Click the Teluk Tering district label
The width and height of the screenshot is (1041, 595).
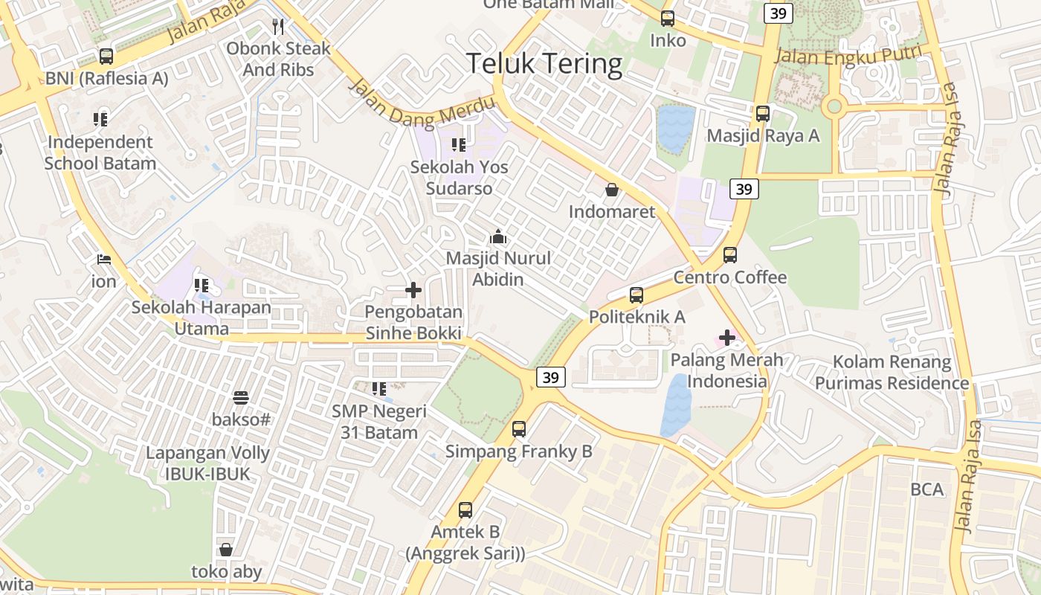pos(544,64)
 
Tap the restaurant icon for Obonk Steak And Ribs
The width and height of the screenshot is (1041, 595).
pos(278,28)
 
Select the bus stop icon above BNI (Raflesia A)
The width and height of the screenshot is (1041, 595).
pos(106,57)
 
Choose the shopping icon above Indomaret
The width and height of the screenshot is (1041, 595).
pos(611,190)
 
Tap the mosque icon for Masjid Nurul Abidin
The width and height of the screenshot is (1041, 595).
pos(498,237)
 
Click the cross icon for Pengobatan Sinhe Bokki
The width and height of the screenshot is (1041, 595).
pos(413,290)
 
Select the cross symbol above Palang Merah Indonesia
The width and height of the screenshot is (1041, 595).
pos(726,338)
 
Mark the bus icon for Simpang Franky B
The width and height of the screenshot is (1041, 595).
pos(519,429)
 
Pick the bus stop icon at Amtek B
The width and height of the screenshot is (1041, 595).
pos(465,510)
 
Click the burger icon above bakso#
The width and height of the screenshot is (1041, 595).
pos(241,398)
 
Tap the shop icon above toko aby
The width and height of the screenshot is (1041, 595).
pos(226,550)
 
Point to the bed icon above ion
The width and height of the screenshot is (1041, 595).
pos(104,260)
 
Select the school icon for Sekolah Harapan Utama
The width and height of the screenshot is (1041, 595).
pos(201,285)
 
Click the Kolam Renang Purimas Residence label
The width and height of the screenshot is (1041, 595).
pos(892,373)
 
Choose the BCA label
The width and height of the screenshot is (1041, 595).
pos(926,489)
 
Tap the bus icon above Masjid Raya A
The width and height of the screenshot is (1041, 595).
pos(763,114)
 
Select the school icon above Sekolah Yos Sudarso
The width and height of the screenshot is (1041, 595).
pos(459,145)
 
